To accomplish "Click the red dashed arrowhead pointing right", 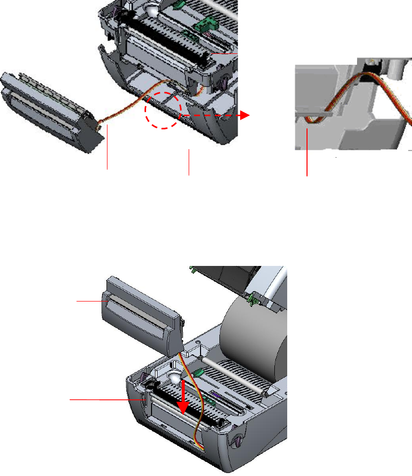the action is click(243, 115).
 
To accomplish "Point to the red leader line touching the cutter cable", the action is click(107, 148).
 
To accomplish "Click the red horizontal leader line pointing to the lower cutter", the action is click(89, 300).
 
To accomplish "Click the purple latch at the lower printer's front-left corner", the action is click(144, 380).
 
